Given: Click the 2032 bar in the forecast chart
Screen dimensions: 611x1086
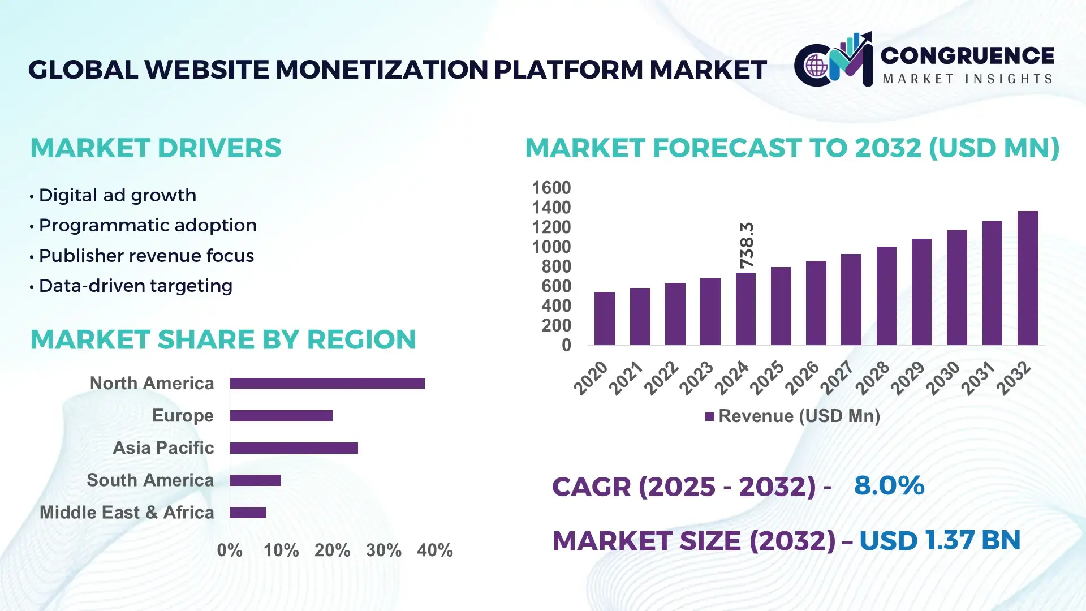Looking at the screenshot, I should click(x=1027, y=278).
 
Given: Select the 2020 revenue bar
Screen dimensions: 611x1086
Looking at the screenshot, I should click(x=604, y=319).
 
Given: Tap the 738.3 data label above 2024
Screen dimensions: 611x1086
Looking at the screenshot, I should click(x=747, y=246).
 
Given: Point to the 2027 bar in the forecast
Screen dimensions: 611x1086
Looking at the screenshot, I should click(x=851, y=300).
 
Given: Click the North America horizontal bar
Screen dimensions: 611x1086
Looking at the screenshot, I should click(x=327, y=384).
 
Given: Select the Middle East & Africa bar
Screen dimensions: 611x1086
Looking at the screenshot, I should click(x=248, y=513).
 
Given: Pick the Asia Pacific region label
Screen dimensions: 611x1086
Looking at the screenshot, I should click(x=163, y=448).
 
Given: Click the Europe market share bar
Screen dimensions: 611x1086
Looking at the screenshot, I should click(x=281, y=416).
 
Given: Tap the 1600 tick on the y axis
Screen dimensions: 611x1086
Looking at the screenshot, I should click(x=551, y=188).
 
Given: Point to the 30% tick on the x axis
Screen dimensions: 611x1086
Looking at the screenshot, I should click(x=383, y=550).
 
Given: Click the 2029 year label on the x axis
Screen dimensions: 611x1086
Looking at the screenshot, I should click(x=907, y=378).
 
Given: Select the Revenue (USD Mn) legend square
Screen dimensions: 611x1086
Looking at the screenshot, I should click(x=709, y=417).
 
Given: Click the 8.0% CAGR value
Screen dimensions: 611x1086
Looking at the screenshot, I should click(x=889, y=485).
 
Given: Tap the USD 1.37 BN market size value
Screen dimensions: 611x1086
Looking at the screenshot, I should click(x=940, y=540).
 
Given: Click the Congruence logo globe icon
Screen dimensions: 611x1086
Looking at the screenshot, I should click(x=816, y=66).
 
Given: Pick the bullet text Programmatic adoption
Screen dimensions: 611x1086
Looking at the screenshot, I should click(x=148, y=225).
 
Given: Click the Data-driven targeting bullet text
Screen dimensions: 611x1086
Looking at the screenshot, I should click(x=135, y=286).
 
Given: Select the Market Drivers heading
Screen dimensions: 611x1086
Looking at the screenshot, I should click(x=156, y=148).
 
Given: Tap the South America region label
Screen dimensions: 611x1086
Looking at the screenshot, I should click(x=150, y=480).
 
